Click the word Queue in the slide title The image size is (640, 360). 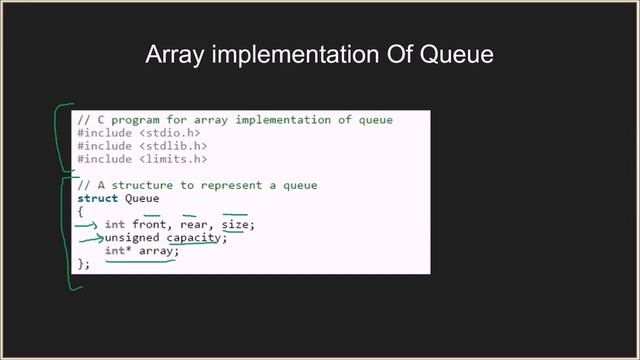[x=457, y=54]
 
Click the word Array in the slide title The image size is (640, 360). [x=175, y=54]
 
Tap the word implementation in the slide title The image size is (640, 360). [x=291, y=54]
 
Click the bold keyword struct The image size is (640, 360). [x=97, y=198]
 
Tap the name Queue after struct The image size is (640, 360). [x=142, y=198]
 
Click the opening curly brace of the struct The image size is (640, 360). [x=80, y=211]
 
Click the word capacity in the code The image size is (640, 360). [x=196, y=238]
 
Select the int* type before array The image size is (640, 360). [x=119, y=251]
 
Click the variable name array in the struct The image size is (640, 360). [x=159, y=251]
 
